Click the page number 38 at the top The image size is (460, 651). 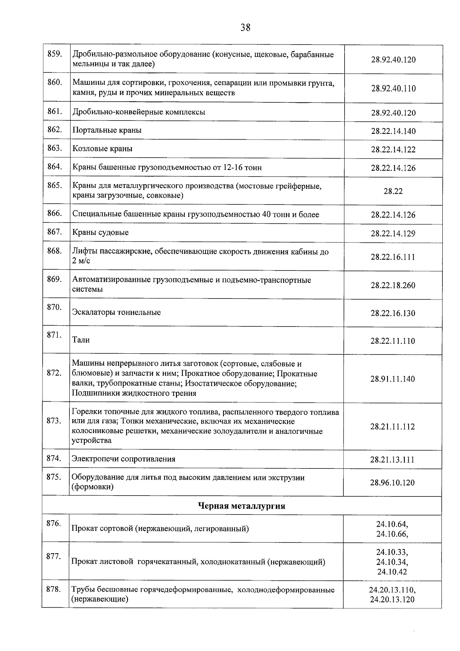[245, 28]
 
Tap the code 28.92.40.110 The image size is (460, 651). [393, 89]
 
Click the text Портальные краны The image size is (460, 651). [107, 130]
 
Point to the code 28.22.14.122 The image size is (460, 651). [393, 150]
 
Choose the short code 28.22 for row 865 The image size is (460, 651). [393, 191]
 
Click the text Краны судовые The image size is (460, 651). [100, 232]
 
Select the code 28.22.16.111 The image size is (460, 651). [393, 257]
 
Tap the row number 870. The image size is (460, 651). [54, 307]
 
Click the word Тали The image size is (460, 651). [81, 340]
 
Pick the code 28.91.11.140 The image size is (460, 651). [393, 379]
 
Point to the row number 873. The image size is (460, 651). [54, 421]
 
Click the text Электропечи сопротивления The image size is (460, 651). [123, 459]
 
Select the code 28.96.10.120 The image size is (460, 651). [392, 483]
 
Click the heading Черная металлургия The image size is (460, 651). [242, 506]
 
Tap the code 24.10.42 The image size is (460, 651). [392, 572]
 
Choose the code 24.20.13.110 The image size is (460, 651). [392, 590]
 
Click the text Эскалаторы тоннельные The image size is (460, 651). [117, 312]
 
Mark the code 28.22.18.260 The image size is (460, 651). [393, 285]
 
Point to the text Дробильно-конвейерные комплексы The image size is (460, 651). [139, 112]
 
